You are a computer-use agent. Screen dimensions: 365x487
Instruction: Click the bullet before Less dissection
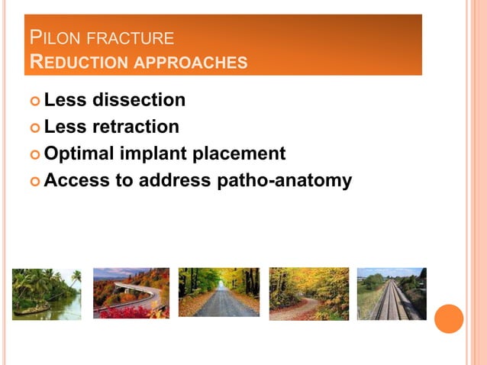coord(34,101)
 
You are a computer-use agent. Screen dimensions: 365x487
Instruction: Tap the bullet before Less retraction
coord(34,128)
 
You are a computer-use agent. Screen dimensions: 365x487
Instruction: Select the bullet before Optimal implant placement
coord(34,154)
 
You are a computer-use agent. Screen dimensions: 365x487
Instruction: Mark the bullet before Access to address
coord(34,182)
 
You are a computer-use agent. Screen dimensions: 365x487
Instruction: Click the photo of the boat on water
coord(46,293)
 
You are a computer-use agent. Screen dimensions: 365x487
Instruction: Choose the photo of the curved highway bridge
coord(131,293)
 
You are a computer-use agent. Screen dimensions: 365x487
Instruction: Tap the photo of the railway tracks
coord(391,293)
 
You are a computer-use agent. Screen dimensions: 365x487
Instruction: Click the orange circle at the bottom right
coord(449,318)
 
